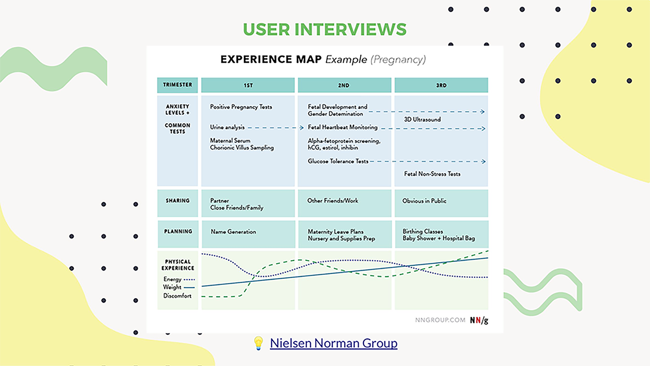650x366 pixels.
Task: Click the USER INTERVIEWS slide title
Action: tap(325, 29)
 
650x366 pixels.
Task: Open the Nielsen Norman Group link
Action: tap(334, 343)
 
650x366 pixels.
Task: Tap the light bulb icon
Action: tap(258, 343)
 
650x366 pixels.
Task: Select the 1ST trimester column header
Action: tap(248, 85)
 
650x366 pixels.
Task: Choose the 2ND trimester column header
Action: tap(344, 85)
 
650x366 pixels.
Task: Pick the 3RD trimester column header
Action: tap(441, 85)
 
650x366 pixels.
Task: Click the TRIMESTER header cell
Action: tap(177, 85)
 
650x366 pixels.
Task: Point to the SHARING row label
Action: tap(178, 201)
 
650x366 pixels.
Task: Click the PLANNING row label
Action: tap(178, 231)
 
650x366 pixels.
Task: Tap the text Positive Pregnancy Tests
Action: tap(241, 107)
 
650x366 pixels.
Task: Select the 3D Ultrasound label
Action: tap(422, 119)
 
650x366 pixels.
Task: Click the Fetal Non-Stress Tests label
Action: tap(432, 174)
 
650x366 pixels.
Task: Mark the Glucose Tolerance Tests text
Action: tap(338, 161)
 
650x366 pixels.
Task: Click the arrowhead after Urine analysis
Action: tap(302, 127)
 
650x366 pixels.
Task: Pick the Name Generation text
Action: tap(233, 232)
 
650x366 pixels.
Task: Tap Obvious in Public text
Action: tap(424, 201)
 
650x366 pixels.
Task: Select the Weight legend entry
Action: tap(179, 287)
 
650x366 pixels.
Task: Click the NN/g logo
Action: tap(479, 320)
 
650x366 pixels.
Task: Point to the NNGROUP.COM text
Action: tap(440, 320)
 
